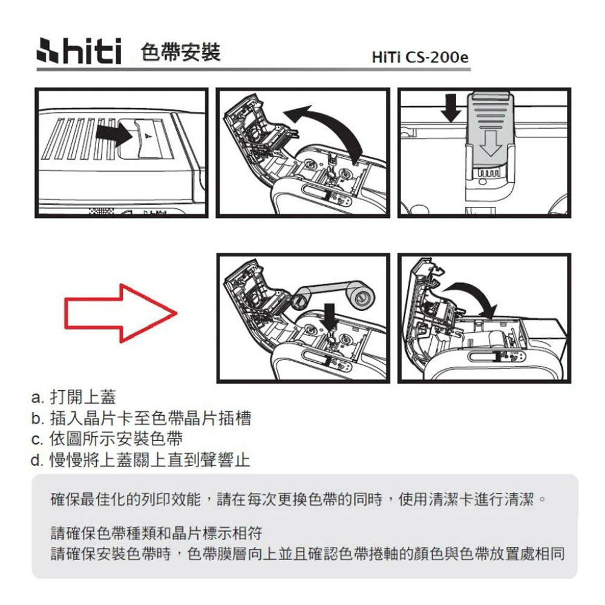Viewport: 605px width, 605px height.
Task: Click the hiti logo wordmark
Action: [x=79, y=51]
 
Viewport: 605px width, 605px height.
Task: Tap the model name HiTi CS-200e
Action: [x=420, y=57]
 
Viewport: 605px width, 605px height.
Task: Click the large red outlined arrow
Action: [x=120, y=313]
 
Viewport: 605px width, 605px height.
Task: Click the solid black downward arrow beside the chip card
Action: [x=451, y=108]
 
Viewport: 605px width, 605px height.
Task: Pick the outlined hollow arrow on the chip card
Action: [x=491, y=143]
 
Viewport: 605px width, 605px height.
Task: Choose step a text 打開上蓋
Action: [x=73, y=397]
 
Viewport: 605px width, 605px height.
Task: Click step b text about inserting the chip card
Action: [x=141, y=418]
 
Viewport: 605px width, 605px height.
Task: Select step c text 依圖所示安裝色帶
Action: [x=107, y=439]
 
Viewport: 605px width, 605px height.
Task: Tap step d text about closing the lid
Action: [x=140, y=460]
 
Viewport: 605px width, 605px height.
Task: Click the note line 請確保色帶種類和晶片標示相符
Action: [x=157, y=533]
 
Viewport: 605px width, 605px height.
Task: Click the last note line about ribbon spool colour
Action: [x=307, y=554]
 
